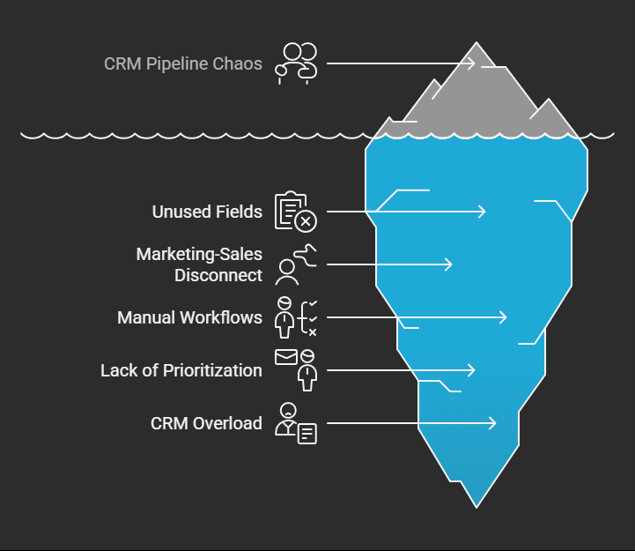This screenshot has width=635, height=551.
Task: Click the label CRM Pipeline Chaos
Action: click(x=183, y=63)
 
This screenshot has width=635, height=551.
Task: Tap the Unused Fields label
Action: click(x=207, y=212)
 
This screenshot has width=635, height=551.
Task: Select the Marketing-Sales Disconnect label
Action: click(x=199, y=264)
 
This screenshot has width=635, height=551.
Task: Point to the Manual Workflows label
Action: click(x=189, y=317)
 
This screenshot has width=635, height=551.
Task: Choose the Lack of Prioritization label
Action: click(x=181, y=370)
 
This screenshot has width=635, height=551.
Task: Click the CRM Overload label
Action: click(x=206, y=423)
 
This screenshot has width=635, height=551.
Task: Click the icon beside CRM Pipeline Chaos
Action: click(x=297, y=63)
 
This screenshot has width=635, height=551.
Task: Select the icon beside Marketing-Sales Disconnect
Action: click(x=295, y=264)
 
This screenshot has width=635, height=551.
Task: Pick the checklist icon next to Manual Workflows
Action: click(x=296, y=317)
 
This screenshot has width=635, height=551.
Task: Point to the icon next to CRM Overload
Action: click(x=296, y=423)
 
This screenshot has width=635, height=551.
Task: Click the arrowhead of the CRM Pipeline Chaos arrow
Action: click(x=473, y=63)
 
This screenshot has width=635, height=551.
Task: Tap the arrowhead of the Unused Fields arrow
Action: click(x=483, y=212)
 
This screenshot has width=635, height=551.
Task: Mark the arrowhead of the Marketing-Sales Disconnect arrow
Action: click(x=449, y=264)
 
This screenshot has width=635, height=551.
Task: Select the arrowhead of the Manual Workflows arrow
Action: click(x=504, y=317)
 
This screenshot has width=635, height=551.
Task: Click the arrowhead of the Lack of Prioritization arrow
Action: click(x=472, y=370)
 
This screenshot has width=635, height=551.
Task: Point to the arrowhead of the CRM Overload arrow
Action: click(x=493, y=423)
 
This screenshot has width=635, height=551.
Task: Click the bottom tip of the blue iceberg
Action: click(x=476, y=506)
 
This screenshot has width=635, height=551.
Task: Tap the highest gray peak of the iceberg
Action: click(x=476, y=44)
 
